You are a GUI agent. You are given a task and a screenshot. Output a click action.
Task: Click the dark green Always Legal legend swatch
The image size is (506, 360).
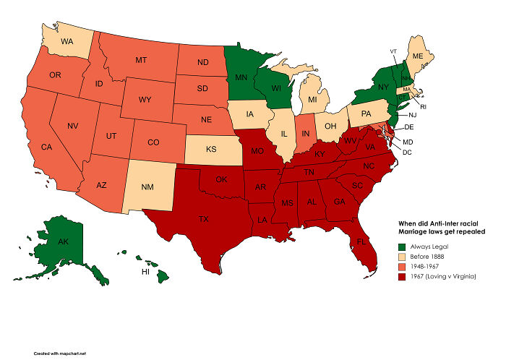coord(403,247)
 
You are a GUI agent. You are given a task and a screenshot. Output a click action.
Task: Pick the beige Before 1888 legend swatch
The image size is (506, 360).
coord(403,258)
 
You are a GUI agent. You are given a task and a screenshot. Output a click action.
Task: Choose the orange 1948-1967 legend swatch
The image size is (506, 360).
coord(403,269)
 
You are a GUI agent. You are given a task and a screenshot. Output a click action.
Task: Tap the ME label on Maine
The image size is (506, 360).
coord(417,55)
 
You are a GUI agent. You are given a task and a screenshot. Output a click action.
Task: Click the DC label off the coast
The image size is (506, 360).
coord(407,152)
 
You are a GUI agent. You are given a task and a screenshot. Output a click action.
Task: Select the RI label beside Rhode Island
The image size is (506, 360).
coord(424,106)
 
